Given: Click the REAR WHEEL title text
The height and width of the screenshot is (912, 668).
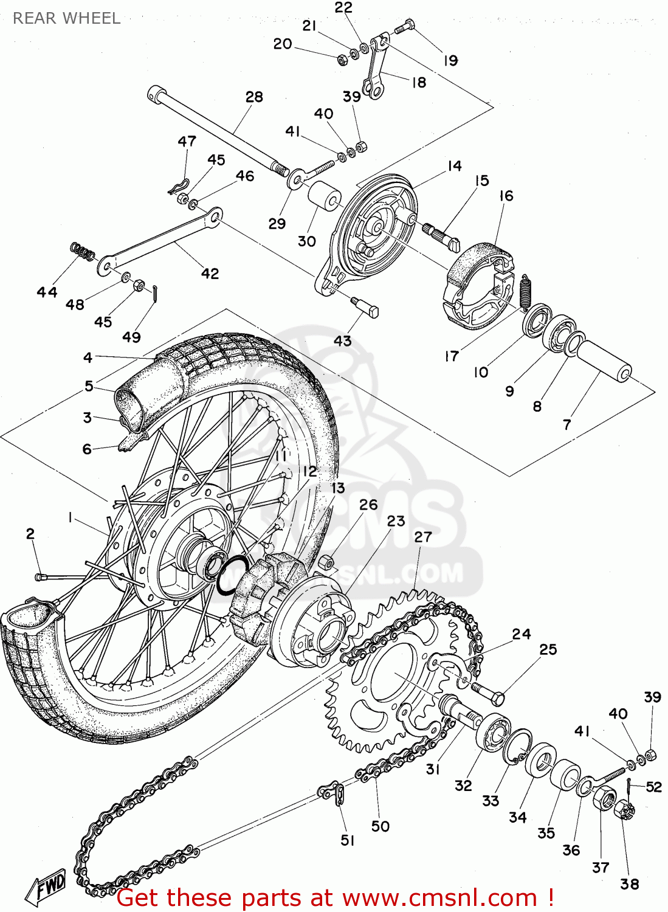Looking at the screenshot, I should pyautogui.click(x=66, y=18).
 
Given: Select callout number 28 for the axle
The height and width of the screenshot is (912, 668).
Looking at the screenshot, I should pyautogui.click(x=254, y=97).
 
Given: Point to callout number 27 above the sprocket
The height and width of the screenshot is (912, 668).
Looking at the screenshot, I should pyautogui.click(x=423, y=537).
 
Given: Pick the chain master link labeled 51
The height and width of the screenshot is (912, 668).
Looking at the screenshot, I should pyautogui.click(x=334, y=793).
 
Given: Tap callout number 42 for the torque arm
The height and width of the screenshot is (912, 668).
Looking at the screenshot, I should pyautogui.click(x=210, y=274).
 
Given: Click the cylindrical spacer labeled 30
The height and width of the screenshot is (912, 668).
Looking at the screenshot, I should pyautogui.click(x=323, y=194).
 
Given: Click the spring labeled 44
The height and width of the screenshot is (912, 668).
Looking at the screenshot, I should pyautogui.click(x=83, y=251).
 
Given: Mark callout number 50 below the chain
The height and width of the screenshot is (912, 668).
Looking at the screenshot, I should pyautogui.click(x=380, y=826).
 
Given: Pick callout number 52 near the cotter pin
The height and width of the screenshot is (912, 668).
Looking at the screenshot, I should pyautogui.click(x=653, y=787).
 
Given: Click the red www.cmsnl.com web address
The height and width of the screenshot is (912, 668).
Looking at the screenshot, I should pyautogui.click(x=440, y=897).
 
